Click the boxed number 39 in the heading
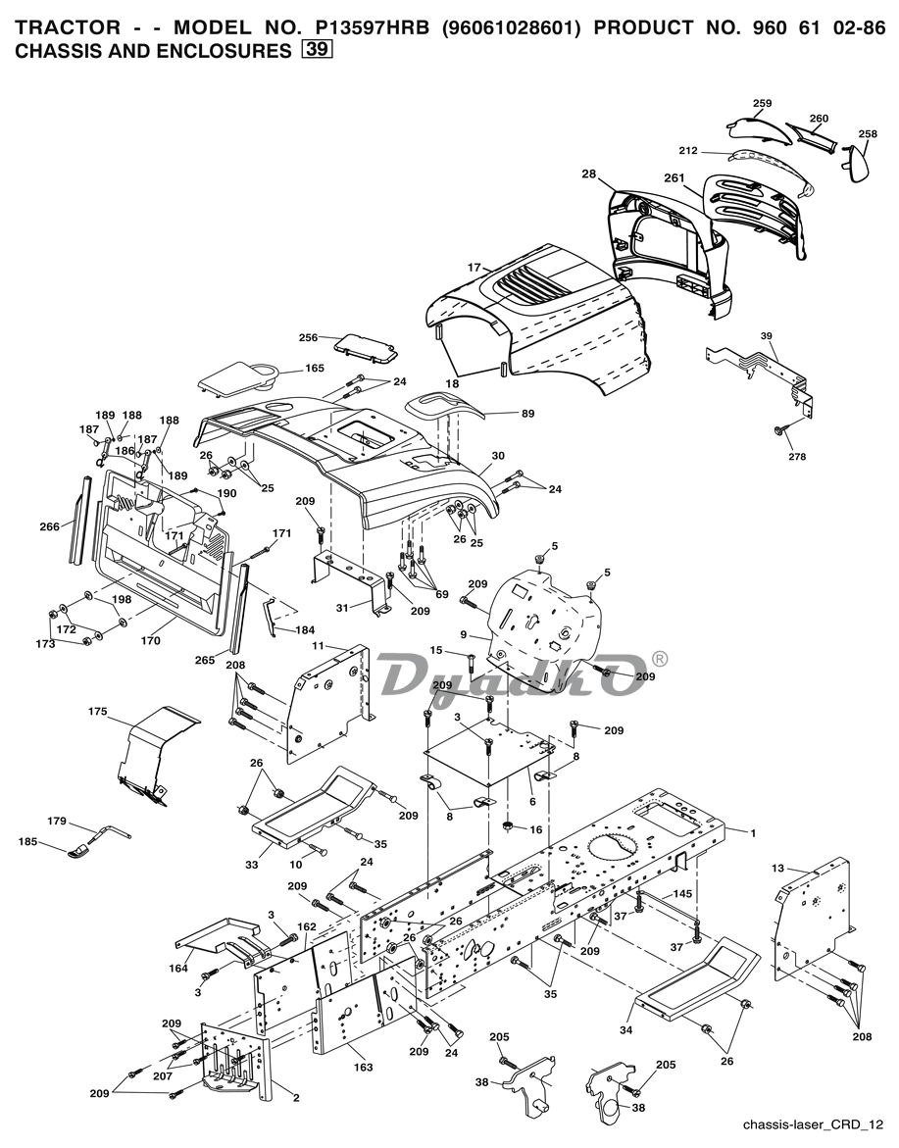[317, 50]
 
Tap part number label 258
[868, 134]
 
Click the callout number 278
[797, 456]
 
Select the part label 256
[308, 337]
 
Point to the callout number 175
[97, 711]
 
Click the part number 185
[27, 842]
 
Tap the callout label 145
[682, 893]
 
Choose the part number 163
[363, 1067]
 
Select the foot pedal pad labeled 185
[79, 852]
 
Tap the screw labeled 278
[779, 432]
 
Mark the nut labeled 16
[507, 826]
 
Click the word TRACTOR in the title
[68, 27]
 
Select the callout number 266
[49, 525]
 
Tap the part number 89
[527, 413]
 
